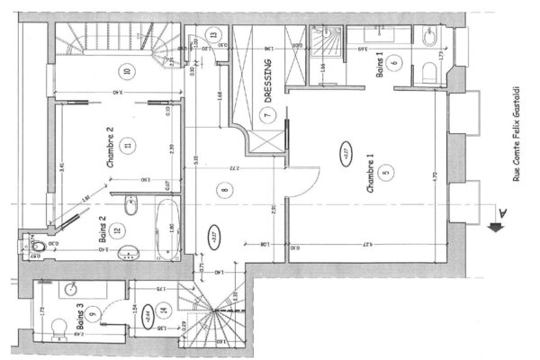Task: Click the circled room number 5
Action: pos(384,173)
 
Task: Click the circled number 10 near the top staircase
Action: pos(127,71)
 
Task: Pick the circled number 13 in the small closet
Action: pos(213,36)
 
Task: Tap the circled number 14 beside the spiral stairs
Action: pos(163,312)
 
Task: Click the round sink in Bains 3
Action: pos(67,291)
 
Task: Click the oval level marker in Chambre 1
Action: pos(344,151)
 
